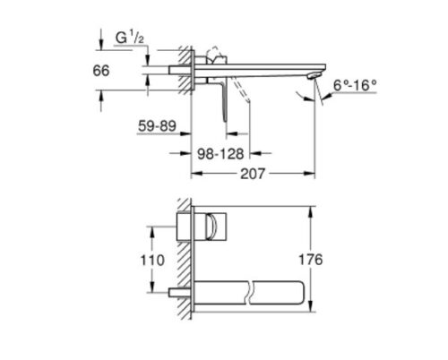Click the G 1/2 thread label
click(x=130, y=39)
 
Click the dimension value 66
click(x=101, y=71)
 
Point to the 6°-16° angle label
click(x=355, y=86)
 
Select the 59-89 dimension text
click(x=157, y=126)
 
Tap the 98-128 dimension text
click(x=220, y=154)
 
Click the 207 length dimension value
click(x=253, y=174)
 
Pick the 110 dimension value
click(x=152, y=261)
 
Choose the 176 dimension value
click(x=311, y=260)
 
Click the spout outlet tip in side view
click(x=313, y=76)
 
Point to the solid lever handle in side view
click(x=223, y=101)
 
